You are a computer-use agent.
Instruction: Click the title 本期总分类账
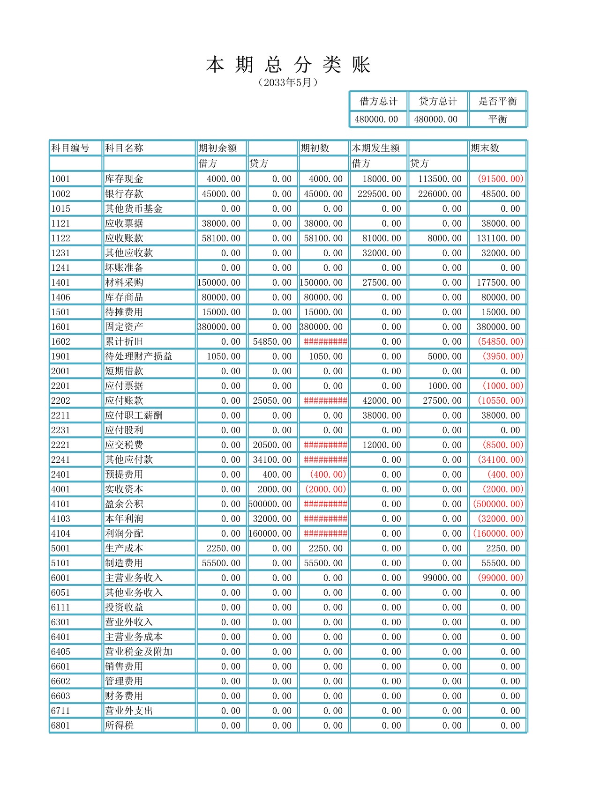pyautogui.click(x=288, y=65)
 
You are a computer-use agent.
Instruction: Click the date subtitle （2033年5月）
pyautogui.click(x=288, y=83)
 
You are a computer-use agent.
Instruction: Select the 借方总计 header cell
pyautogui.click(x=378, y=101)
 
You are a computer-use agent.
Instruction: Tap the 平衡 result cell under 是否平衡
pyautogui.click(x=497, y=119)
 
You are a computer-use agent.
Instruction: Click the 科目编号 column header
pyautogui.click(x=70, y=148)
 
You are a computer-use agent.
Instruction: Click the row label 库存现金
pyautogui.click(x=124, y=179)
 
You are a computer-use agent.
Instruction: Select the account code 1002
pyautogui.click(x=60, y=194)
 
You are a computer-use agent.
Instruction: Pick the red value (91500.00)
pyautogui.click(x=500, y=179)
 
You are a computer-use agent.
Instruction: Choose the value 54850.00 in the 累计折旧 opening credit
pyautogui.click(x=272, y=341)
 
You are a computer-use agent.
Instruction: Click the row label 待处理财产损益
pyautogui.click(x=139, y=356)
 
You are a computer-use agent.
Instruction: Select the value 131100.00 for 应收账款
pyautogui.click(x=498, y=238)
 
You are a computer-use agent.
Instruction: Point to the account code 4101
pyautogui.click(x=60, y=504)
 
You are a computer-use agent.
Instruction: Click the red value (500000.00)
pyautogui.click(x=498, y=504)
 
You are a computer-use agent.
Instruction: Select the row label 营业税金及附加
pyautogui.click(x=139, y=652)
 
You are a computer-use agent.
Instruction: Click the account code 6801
pyautogui.click(x=60, y=726)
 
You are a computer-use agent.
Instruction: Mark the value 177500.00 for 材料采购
pyautogui.click(x=498, y=282)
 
